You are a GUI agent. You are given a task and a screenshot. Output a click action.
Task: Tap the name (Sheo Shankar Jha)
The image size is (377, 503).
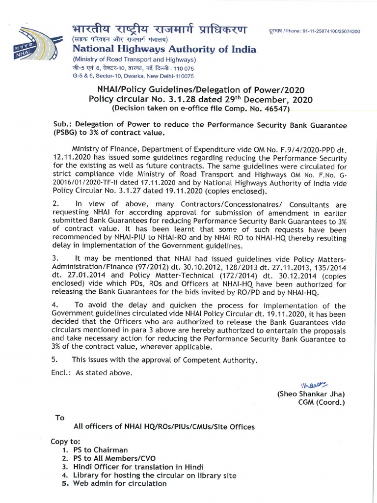pyautogui.click(x=311, y=394)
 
